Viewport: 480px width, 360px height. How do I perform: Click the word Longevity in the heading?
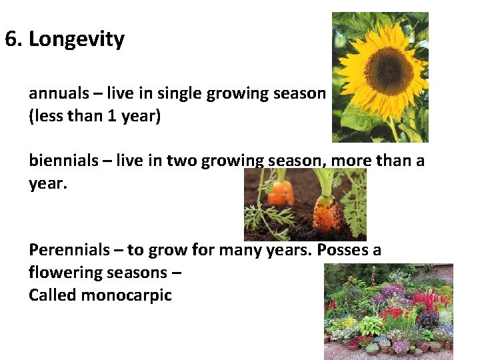pos(77,39)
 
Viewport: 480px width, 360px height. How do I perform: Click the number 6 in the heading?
pos(11,39)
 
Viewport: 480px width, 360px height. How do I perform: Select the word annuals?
pos(55,93)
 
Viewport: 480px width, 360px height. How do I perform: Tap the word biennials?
pos(59,160)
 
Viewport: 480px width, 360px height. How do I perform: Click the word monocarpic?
pos(126,295)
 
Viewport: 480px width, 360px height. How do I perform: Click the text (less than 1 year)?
pos(95,115)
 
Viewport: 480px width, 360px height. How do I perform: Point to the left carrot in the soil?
pos(281,193)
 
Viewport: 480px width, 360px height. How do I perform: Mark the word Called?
pos(52,295)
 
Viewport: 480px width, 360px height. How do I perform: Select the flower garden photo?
pos(388,311)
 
